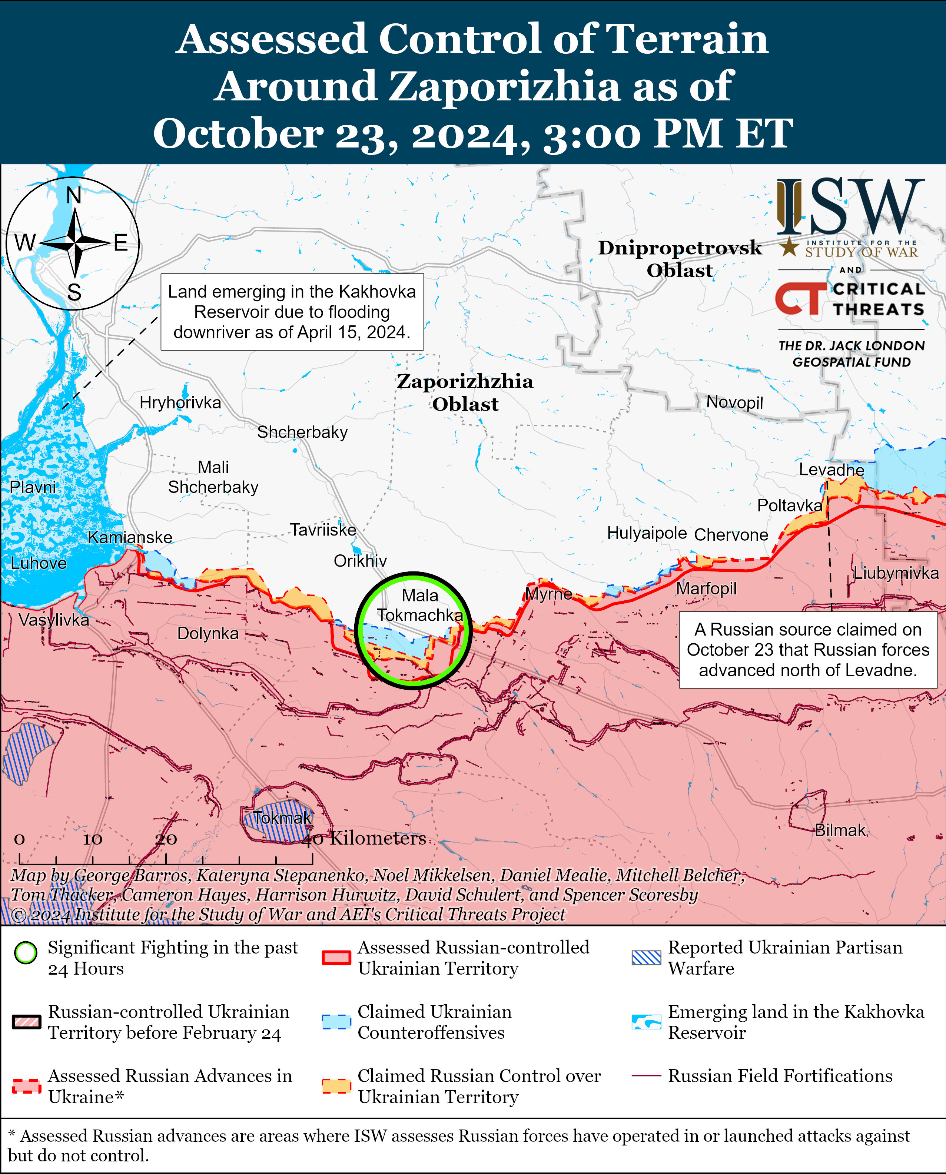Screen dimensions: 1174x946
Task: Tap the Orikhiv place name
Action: coord(360,561)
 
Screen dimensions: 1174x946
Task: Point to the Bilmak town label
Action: coord(840,830)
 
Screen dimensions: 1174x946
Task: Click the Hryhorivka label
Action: coord(180,403)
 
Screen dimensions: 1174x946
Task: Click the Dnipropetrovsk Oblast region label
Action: coord(680,259)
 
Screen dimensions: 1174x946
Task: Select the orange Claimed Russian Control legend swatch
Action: coord(336,1086)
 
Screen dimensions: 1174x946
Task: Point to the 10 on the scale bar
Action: coord(92,839)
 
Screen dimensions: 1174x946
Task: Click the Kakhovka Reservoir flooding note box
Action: coord(292,312)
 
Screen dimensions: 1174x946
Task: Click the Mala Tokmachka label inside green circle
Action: coord(420,606)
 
